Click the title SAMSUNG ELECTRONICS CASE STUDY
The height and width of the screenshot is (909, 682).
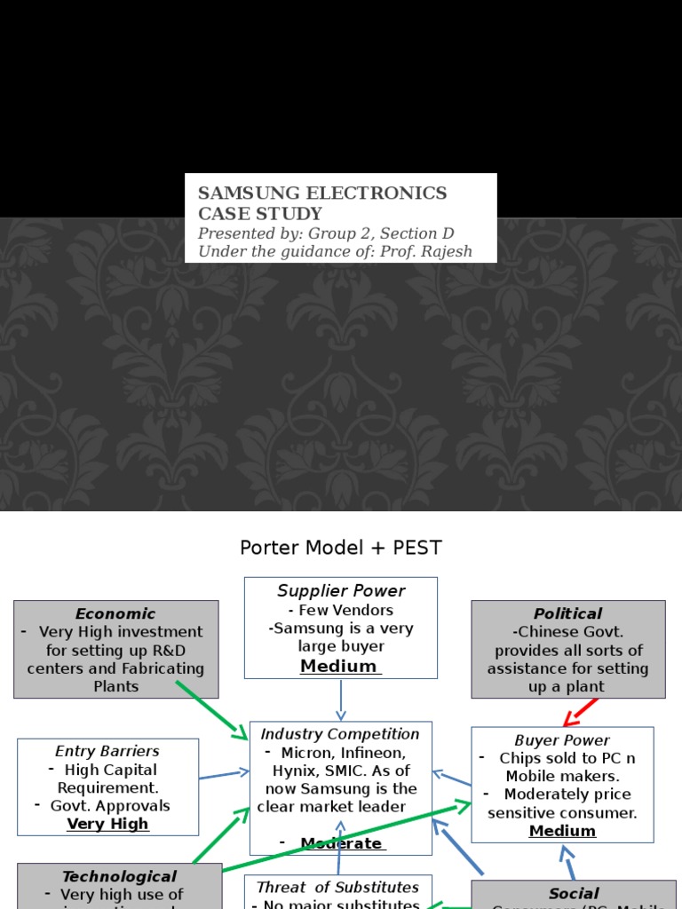pyautogui.click(x=322, y=203)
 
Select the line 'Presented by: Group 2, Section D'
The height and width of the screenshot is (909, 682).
pyautogui.click(x=325, y=233)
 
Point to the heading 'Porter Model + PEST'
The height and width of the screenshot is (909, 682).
pyautogui.click(x=341, y=548)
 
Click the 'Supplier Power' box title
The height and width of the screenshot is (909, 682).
pyautogui.click(x=341, y=591)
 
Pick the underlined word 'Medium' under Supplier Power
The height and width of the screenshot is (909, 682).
pyautogui.click(x=339, y=666)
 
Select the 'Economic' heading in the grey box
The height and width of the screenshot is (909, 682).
pyautogui.click(x=115, y=613)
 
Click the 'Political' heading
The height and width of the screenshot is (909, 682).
pyautogui.click(x=567, y=613)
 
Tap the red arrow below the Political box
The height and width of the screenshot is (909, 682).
pyautogui.click(x=583, y=712)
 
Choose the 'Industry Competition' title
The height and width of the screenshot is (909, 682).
pyautogui.click(x=340, y=734)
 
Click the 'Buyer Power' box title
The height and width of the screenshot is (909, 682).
pyautogui.click(x=562, y=740)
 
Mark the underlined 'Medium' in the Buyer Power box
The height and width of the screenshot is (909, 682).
pyautogui.click(x=562, y=831)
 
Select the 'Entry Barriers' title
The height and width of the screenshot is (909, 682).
pyautogui.click(x=107, y=751)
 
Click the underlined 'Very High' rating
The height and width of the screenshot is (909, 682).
pyautogui.click(x=107, y=824)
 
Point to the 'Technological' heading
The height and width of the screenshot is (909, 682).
pyautogui.click(x=119, y=876)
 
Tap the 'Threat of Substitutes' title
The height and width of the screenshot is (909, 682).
pyautogui.click(x=337, y=887)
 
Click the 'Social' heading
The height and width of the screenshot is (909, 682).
pyautogui.click(x=574, y=893)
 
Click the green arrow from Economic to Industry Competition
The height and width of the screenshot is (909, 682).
pyautogui.click(x=213, y=710)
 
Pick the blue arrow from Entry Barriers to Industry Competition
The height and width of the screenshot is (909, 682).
pyautogui.click(x=224, y=775)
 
